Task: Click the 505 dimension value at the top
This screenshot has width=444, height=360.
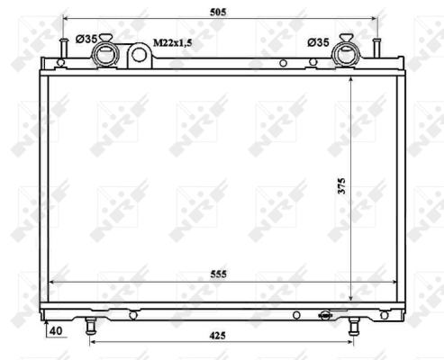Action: [x=218, y=12]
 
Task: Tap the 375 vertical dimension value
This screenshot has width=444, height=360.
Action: [x=341, y=186]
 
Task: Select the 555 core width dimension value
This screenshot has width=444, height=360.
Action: [x=219, y=274]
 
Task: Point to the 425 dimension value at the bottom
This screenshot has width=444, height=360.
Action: [x=217, y=336]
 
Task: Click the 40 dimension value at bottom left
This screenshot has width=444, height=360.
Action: [x=56, y=331]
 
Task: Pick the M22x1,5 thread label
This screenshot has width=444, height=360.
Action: [x=173, y=43]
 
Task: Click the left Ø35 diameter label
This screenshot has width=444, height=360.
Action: [x=86, y=39]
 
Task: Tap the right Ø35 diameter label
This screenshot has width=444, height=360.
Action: [x=318, y=42]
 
